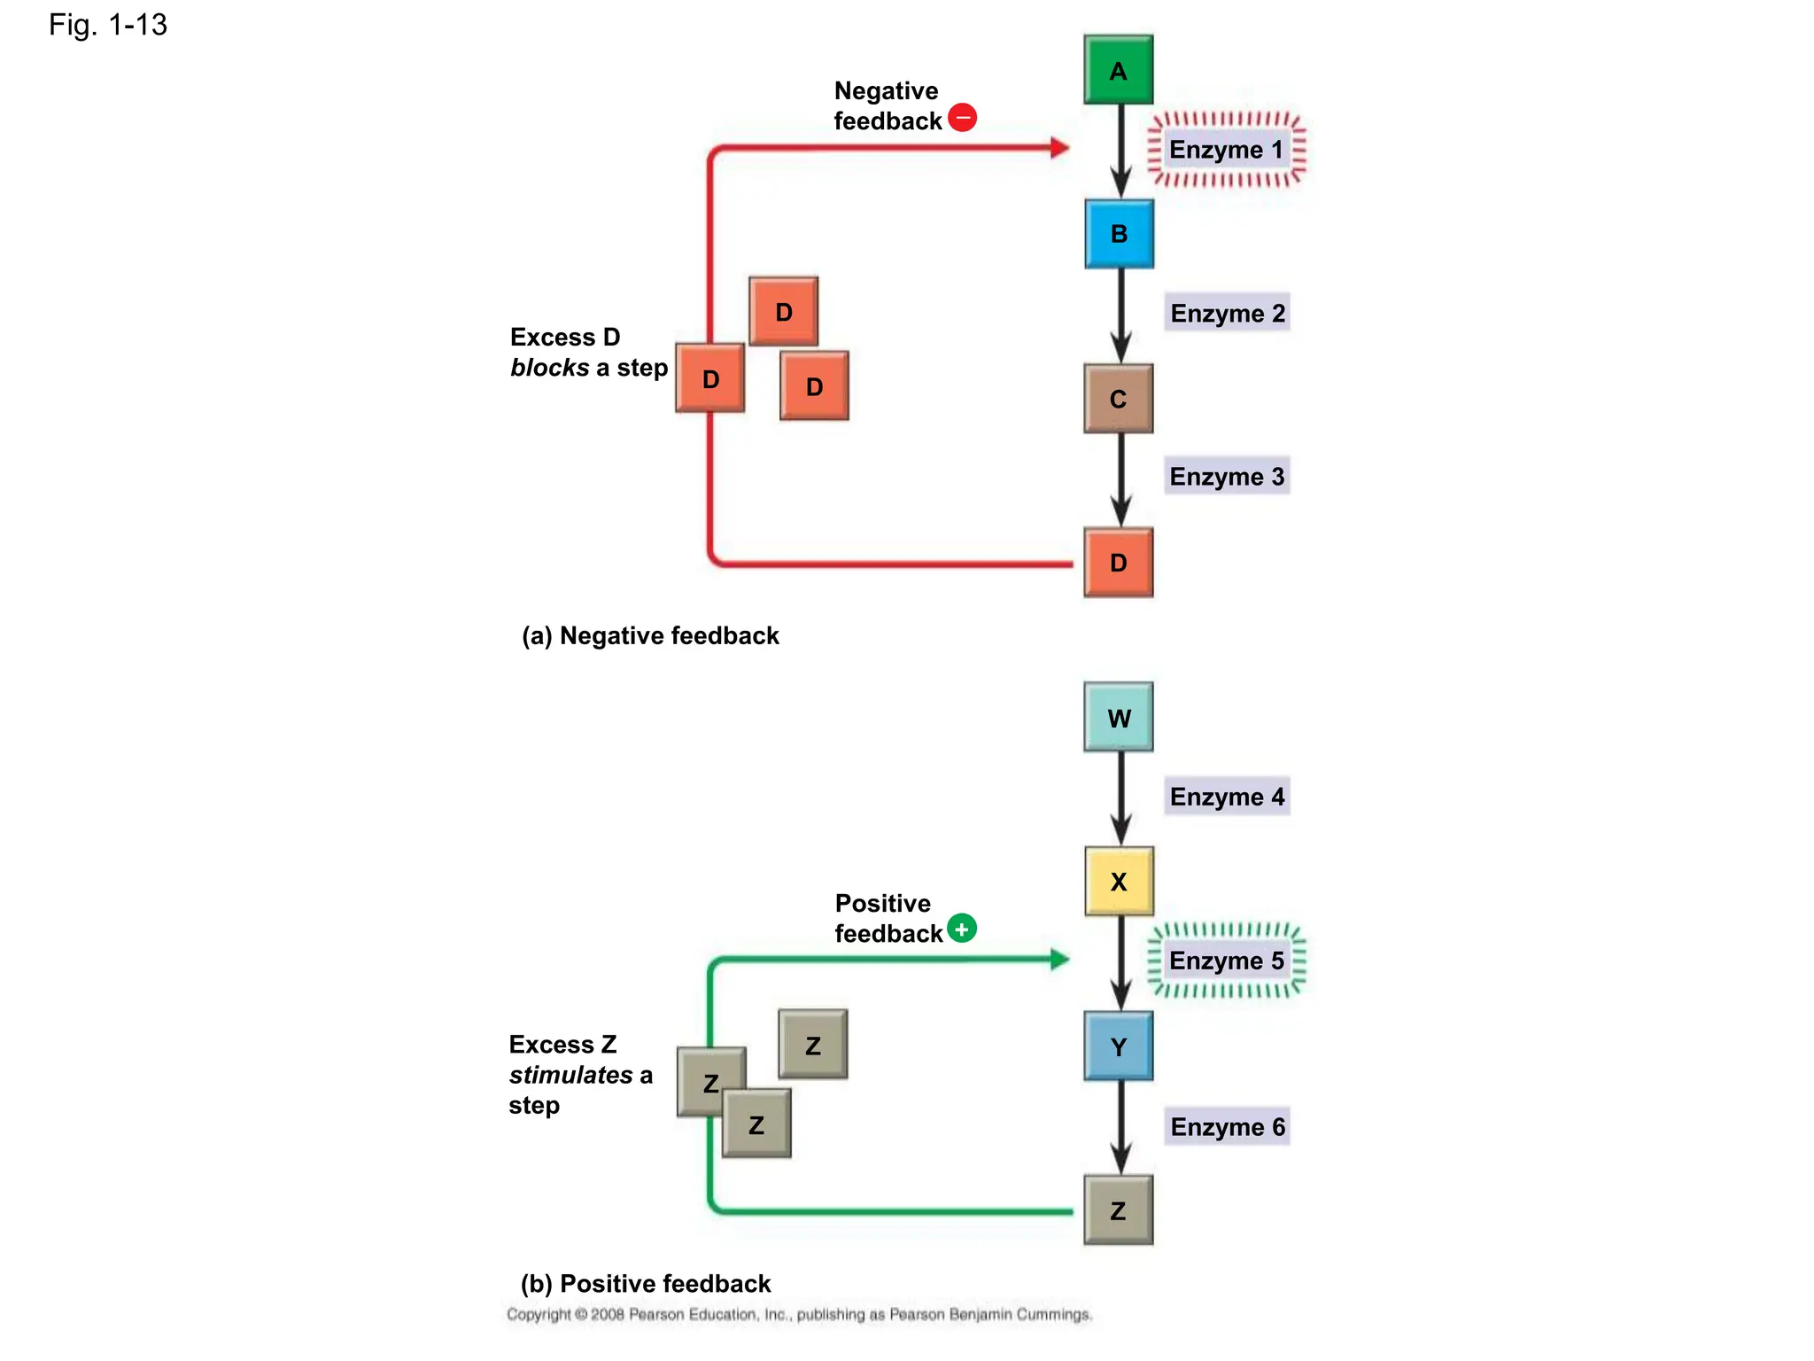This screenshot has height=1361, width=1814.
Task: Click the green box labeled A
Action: click(1118, 70)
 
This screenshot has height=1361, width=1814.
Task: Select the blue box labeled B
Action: click(1119, 234)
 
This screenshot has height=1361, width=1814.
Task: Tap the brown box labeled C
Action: click(1118, 399)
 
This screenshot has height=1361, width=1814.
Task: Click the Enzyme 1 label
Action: click(1226, 150)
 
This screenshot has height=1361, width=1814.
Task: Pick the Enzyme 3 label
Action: click(1227, 477)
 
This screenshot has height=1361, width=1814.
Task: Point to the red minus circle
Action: click(963, 117)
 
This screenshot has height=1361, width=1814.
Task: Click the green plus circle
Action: click(962, 929)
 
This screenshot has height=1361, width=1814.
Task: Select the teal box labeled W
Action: click(1118, 718)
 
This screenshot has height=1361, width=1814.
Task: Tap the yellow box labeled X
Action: click(1119, 882)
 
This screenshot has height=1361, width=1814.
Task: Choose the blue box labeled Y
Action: click(1118, 1046)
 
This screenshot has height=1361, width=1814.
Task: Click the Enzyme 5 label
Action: click(1226, 961)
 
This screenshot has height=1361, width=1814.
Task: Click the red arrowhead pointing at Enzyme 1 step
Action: click(1059, 148)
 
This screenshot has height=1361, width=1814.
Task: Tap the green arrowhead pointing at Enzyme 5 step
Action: click(1059, 959)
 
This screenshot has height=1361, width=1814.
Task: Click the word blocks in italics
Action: click(549, 368)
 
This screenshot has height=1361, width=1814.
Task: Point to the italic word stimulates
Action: click(570, 1075)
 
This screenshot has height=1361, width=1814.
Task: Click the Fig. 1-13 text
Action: click(108, 25)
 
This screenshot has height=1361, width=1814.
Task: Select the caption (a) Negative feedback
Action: click(650, 635)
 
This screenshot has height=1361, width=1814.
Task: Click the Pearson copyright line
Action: click(799, 1314)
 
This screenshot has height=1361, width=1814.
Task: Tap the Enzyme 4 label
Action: click(1227, 797)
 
